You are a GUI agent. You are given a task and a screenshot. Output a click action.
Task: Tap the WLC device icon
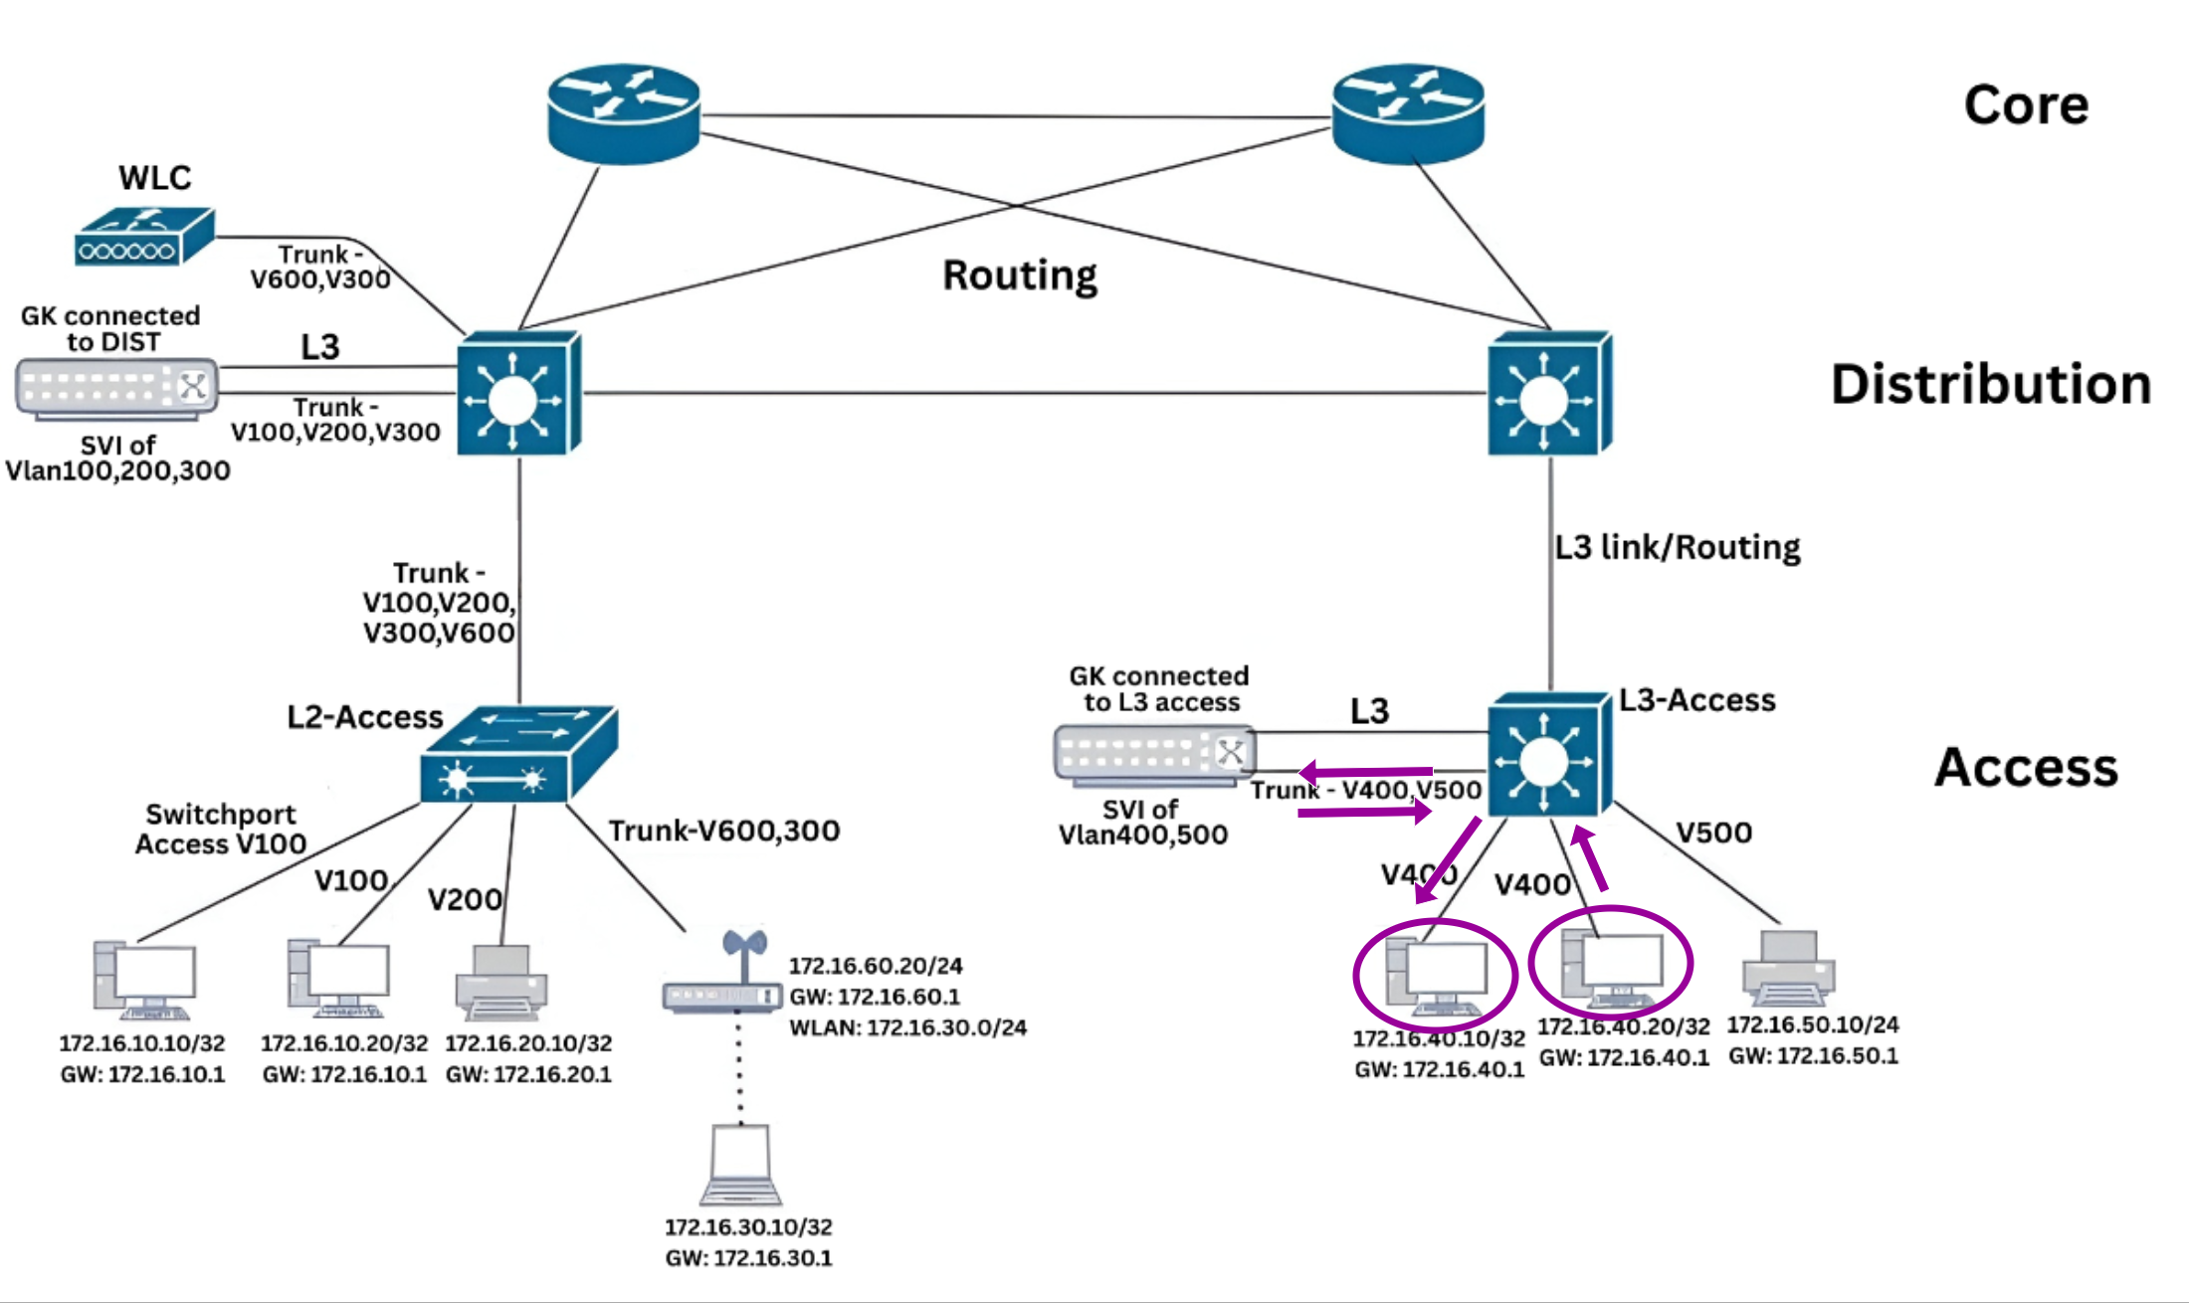click(x=144, y=237)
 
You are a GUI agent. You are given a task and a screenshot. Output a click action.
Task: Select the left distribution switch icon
click(x=518, y=394)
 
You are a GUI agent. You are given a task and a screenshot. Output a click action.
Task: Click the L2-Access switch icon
click(x=518, y=755)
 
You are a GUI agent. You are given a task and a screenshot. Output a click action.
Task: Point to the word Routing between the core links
click(x=1020, y=276)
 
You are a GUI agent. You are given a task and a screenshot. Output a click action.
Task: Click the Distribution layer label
click(x=1991, y=384)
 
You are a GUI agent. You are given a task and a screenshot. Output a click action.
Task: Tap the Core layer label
click(x=2026, y=105)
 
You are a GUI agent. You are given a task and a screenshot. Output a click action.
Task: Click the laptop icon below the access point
click(x=741, y=1165)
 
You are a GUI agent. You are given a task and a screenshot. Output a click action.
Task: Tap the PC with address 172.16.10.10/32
click(x=145, y=981)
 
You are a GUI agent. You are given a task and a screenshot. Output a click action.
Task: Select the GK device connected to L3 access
click(x=1154, y=754)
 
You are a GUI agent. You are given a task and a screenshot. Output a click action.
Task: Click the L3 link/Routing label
click(x=1678, y=547)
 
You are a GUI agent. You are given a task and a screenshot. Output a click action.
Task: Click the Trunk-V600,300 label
click(x=724, y=831)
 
